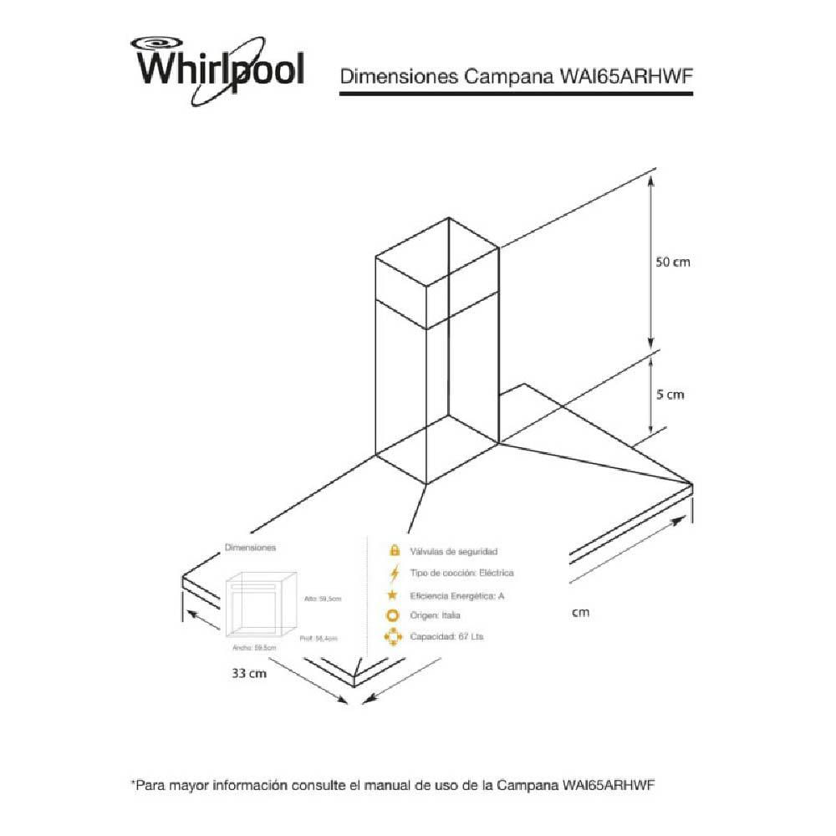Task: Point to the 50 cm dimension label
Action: coord(672,262)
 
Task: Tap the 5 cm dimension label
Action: coord(669,394)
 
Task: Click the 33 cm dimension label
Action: coord(249,674)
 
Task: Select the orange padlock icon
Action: coord(393,552)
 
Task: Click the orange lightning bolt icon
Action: coord(393,573)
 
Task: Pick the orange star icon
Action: coord(393,595)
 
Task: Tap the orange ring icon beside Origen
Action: coord(393,616)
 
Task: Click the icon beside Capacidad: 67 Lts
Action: coord(393,637)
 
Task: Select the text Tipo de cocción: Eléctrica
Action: coord(461,573)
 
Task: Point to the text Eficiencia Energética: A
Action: coord(457,595)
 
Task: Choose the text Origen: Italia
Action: coord(435,616)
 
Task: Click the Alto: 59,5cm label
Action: coord(324,599)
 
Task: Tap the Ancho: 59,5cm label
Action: coord(247,648)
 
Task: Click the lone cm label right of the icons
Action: coord(580,613)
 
